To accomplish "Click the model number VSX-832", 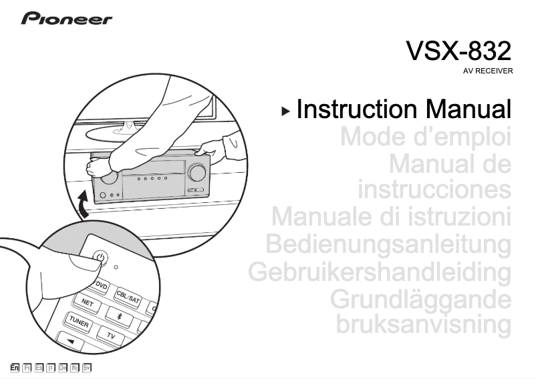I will [459, 50].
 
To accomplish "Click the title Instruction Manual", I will [404, 109].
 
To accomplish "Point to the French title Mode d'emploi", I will [426, 137].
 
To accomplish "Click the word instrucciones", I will [435, 190].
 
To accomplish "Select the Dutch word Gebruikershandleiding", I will [380, 272].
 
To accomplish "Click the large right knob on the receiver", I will [197, 172].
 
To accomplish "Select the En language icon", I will [15, 367].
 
